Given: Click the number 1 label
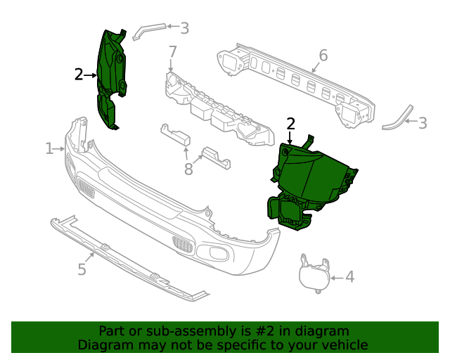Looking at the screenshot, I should (x=49, y=148).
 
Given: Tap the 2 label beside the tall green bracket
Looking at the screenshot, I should (x=79, y=74).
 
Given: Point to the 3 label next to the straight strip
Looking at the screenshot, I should (x=184, y=28).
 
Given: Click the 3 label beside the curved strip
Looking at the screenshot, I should (x=422, y=123).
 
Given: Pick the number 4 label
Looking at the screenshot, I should (x=349, y=278).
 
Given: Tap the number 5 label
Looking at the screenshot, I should (x=82, y=269).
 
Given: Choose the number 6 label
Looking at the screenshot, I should (x=323, y=55).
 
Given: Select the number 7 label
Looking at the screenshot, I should (x=172, y=52).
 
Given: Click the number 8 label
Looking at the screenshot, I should (x=188, y=168).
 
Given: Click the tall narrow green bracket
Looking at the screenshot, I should (x=110, y=77).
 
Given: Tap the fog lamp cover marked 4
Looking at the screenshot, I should (x=313, y=274).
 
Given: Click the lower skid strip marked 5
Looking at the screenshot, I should (x=127, y=260).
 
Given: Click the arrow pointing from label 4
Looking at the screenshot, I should (x=335, y=278).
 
